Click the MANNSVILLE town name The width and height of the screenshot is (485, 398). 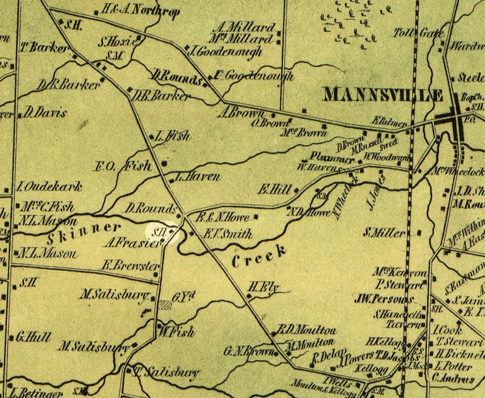click(383, 95)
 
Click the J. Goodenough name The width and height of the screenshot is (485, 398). click(226, 51)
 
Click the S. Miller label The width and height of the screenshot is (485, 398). click(385, 233)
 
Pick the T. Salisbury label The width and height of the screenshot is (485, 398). click(164, 373)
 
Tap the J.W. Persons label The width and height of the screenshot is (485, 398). click(385, 299)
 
